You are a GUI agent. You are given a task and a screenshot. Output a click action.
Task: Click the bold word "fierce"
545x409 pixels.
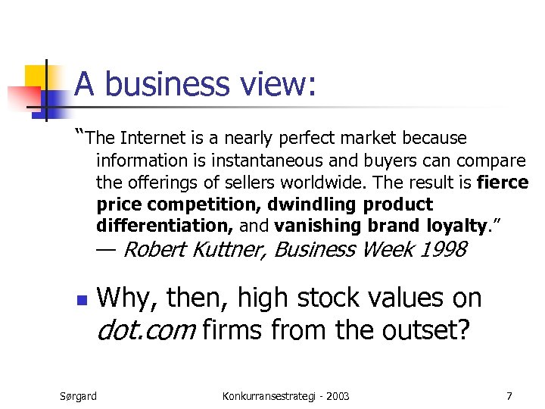pos(503,183)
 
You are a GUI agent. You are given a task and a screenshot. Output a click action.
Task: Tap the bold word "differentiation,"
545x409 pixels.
pos(166,226)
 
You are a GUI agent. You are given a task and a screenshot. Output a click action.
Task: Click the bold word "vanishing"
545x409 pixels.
pos(318,226)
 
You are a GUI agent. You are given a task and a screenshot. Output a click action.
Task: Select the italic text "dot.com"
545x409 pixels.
pos(145,331)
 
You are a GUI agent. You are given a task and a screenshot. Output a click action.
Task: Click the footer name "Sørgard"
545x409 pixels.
pos(79,396)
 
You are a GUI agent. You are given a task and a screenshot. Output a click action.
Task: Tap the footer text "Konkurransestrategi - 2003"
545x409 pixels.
pos(287,396)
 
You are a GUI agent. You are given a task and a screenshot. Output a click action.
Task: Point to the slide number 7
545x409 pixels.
pos(509,396)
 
